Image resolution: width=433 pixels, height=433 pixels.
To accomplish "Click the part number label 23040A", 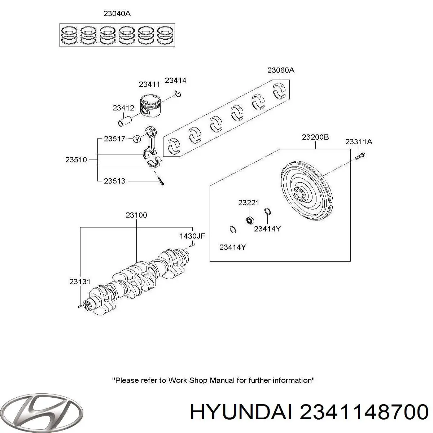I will [x=117, y=14].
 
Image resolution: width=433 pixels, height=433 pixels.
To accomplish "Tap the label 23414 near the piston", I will [x=175, y=80].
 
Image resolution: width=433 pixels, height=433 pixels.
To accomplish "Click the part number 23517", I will [x=114, y=138].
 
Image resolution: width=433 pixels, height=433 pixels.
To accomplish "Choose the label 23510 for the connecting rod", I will [x=76, y=159].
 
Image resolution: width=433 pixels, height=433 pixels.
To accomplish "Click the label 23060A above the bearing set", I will [x=281, y=70].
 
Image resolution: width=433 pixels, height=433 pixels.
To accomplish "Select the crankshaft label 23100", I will [x=136, y=215].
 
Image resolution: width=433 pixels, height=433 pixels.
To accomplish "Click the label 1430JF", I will [x=192, y=236].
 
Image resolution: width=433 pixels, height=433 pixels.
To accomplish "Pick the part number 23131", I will [x=80, y=282].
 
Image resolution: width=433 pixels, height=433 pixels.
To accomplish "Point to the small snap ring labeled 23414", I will [x=178, y=94].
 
